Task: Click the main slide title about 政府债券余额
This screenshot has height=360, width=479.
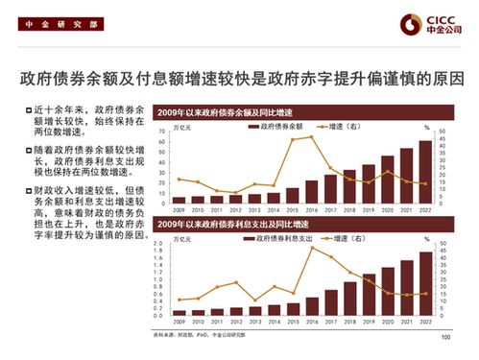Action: coord(240,77)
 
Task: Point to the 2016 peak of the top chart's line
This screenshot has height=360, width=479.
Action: coord(309,136)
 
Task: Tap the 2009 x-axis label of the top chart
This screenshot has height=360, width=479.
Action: coord(178,210)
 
